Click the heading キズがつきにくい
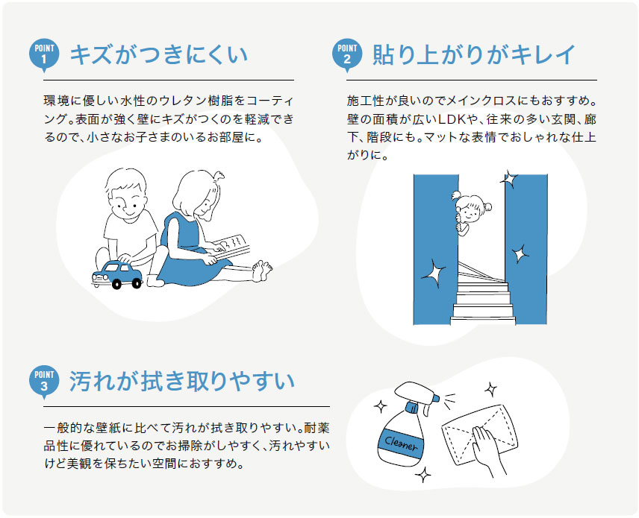pos(158,54)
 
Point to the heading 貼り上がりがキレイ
pos(475,54)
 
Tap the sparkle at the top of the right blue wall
pos(509,179)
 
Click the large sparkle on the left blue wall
pos(433,274)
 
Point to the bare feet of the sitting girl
pos(261,270)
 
